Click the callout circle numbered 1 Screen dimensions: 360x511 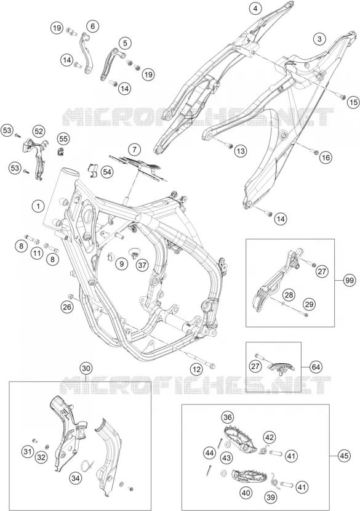(x=38, y=206)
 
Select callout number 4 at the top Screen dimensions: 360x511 (x=255, y=9)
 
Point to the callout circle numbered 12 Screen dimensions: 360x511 (x=196, y=369)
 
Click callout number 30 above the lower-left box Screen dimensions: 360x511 (x=86, y=369)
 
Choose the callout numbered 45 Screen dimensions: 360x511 (x=344, y=456)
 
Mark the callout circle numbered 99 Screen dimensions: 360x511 (x=350, y=281)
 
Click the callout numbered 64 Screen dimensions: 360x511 (x=316, y=367)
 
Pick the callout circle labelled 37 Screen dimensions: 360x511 (x=142, y=265)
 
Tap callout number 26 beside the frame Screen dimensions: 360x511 (x=67, y=307)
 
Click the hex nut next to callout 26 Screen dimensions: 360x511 (x=70, y=296)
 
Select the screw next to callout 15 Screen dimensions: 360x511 (x=343, y=96)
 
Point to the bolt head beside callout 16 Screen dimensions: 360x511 (x=315, y=151)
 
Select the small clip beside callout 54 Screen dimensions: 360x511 (x=93, y=169)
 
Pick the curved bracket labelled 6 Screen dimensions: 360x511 (x=86, y=53)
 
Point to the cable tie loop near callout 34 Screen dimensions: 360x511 (x=87, y=465)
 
